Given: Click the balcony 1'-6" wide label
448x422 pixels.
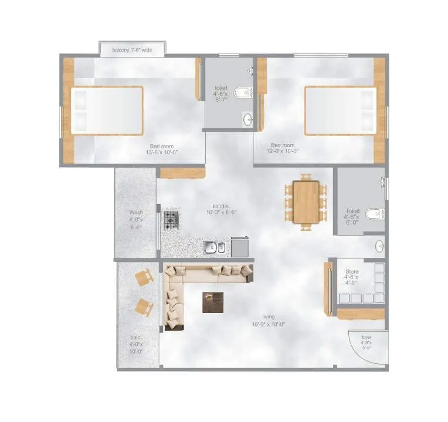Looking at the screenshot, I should (132, 50).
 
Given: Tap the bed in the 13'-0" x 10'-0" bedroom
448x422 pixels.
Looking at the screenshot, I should (107, 111).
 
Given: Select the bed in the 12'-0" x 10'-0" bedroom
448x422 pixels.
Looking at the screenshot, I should (340, 111).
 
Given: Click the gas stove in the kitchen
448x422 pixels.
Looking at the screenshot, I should (172, 220).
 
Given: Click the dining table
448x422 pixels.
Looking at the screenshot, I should (306, 202).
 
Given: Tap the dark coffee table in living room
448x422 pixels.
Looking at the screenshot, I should (213, 302).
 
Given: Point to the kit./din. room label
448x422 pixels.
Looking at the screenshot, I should (226, 210).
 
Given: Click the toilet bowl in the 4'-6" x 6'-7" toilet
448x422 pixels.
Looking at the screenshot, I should (242, 92).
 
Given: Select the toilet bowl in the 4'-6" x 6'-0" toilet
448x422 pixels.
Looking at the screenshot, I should (374, 214).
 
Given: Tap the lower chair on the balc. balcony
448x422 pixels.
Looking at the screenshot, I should (143, 307).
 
